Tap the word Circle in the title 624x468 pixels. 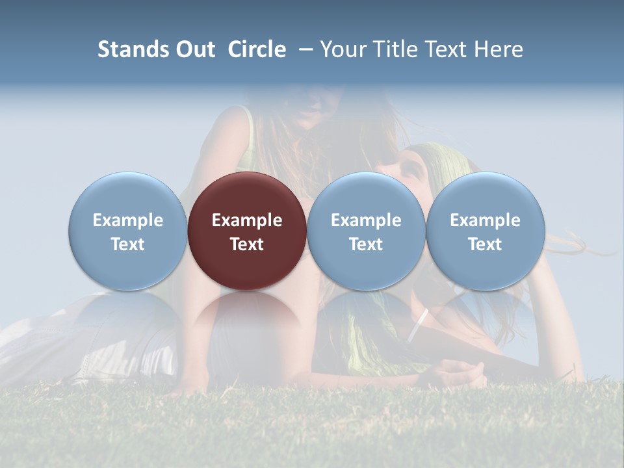[257, 50]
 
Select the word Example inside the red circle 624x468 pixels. [247, 220]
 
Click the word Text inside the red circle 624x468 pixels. [247, 244]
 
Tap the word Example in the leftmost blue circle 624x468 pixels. [128, 220]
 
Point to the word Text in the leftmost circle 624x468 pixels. [128, 244]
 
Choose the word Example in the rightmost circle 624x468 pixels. [485, 220]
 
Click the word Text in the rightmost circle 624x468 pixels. [485, 244]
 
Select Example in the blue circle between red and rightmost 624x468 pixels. [366, 220]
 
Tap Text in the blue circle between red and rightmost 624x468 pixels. [366, 244]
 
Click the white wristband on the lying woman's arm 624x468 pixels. [417, 326]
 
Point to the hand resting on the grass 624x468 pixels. [459, 374]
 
